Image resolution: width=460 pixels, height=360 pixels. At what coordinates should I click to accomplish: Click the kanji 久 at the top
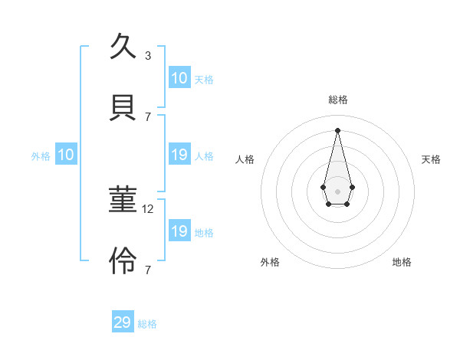coord(123,47)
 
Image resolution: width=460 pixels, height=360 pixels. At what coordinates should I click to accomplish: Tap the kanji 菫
coord(123,201)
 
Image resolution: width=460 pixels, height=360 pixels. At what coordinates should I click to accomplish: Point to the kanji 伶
coord(123,261)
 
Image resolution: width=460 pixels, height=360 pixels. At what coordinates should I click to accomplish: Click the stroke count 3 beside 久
coord(148,56)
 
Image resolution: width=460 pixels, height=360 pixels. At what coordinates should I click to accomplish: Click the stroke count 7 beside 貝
coord(148,116)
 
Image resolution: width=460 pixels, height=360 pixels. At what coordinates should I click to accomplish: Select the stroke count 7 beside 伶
coord(148,270)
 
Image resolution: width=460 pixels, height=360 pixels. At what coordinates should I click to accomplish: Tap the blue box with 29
coord(123,322)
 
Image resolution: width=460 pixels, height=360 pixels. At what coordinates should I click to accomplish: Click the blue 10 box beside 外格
coord(66,155)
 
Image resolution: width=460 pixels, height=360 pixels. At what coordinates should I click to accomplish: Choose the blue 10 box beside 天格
coord(179,78)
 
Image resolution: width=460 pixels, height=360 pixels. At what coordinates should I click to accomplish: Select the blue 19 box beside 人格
coord(179,155)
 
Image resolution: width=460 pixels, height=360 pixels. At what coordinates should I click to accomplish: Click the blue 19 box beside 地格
coord(179,231)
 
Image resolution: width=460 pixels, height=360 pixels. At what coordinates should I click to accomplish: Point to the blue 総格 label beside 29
coord(147,324)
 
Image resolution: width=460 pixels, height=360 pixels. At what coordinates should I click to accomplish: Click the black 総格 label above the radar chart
coord(337,100)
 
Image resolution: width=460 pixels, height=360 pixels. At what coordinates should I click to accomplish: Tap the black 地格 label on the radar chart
coord(402,262)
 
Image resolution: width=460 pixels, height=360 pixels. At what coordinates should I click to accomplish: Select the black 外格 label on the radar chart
coord(270,262)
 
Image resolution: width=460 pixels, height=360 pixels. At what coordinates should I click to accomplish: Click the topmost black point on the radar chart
coord(337,129)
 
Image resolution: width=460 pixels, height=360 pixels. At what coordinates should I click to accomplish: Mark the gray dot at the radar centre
coord(337,191)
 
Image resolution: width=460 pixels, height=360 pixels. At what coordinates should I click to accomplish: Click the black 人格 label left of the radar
coord(245,159)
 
